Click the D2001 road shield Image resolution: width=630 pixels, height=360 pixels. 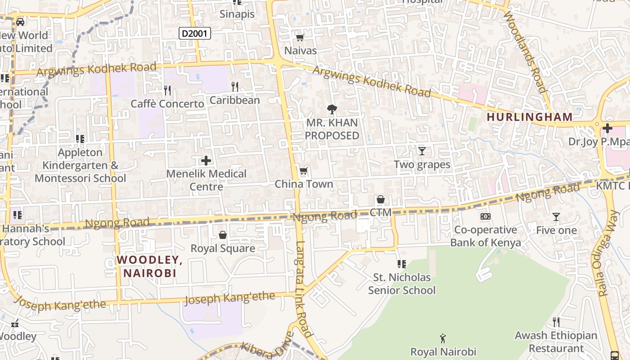point(195,33)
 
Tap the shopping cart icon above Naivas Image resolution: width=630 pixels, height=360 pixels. point(300,37)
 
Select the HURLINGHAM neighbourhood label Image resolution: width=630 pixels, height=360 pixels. point(530,117)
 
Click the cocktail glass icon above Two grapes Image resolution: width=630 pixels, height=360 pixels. point(422,151)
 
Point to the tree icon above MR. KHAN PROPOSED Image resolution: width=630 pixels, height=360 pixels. point(332,109)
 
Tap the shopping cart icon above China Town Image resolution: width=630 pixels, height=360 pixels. point(304,171)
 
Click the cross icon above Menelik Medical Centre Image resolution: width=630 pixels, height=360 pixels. point(206,160)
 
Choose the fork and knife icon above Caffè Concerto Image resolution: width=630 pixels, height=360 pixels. point(167,90)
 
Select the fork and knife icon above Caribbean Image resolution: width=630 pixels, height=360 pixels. point(234,86)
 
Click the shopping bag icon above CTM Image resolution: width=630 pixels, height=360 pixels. point(381,199)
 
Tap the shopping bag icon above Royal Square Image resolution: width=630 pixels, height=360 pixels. point(223,235)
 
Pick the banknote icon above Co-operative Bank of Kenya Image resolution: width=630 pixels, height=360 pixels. point(486,216)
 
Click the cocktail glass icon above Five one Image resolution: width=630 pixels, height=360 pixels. point(556,217)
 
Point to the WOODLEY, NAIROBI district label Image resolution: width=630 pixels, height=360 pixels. point(149,266)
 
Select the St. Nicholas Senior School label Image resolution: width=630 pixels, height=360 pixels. point(402,283)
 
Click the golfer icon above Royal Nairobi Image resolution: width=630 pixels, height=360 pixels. point(443,338)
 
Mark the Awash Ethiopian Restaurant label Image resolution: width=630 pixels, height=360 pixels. point(556,342)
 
